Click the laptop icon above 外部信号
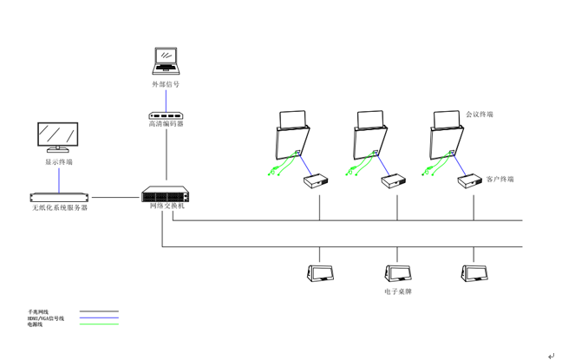click(165, 61)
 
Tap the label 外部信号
click(165, 85)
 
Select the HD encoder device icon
click(165, 115)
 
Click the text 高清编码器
click(165, 124)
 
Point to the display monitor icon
click(58, 137)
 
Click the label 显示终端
click(59, 162)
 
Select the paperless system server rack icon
click(59, 197)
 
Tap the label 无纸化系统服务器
click(59, 208)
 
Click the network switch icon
click(163, 194)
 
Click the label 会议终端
click(479, 114)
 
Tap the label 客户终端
click(500, 180)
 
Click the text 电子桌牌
click(397, 292)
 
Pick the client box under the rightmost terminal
click(471, 180)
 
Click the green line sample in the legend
click(99, 324)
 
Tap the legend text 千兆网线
click(38, 311)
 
